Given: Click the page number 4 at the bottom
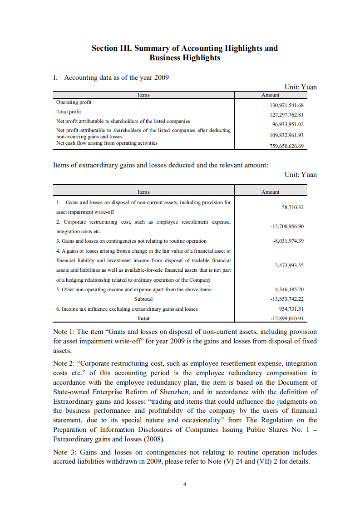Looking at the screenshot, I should pyautogui.click(x=184, y=484).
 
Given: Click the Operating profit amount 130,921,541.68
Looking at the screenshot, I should pyautogui.click(x=286, y=105).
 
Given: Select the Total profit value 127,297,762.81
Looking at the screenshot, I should pyautogui.click(x=286, y=115).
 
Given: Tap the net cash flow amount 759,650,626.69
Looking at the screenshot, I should pyautogui.click(x=286, y=146).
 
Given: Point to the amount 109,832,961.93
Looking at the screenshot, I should pyautogui.click(x=286, y=135).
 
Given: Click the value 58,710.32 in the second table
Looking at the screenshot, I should pyautogui.click(x=292, y=207).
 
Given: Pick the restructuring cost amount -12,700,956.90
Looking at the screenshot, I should pyautogui.click(x=286, y=226).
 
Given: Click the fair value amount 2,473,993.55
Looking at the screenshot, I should pyautogui.click(x=289, y=265).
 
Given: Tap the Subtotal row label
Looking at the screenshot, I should pyautogui.click(x=143, y=299).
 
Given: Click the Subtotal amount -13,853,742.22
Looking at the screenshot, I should pyautogui.click(x=286, y=299).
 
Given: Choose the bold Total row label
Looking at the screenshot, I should pyautogui.click(x=143, y=318).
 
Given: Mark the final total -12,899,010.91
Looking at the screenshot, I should pyautogui.click(x=286, y=318).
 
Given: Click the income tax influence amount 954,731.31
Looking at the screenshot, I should pyautogui.click(x=291, y=309).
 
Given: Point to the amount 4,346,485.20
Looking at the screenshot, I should pyautogui.click(x=289, y=289).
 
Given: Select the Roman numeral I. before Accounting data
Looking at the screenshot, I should pyautogui.click(x=55, y=78).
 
